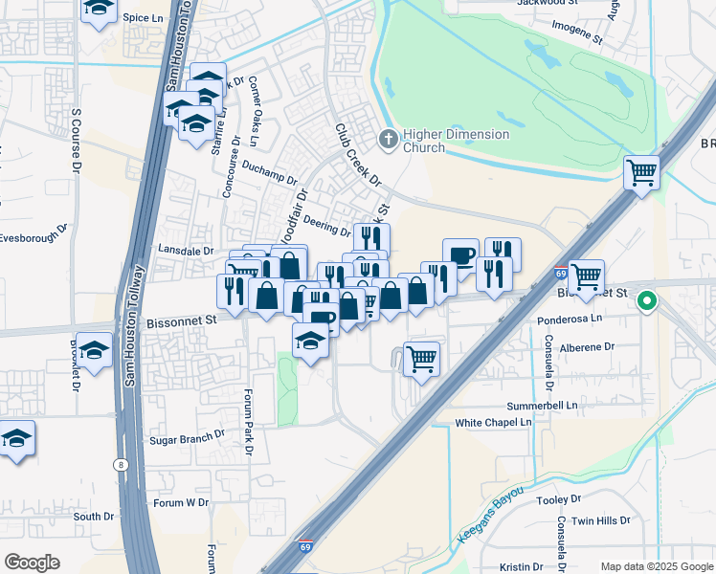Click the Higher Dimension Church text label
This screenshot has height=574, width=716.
[456, 141]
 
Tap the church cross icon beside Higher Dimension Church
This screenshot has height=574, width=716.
[389, 140]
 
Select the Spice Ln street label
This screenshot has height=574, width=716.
[144, 17]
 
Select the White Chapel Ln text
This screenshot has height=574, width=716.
[493, 422]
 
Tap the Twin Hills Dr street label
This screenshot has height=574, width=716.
[600, 521]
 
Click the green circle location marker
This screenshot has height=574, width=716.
[647, 301]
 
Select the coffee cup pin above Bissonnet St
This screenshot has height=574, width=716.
[460, 255]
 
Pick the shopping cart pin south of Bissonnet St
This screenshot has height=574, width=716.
[421, 360]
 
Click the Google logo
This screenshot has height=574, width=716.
[33, 562]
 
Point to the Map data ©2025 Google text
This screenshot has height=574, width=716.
[656, 566]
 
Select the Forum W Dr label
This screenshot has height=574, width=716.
[181, 502]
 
